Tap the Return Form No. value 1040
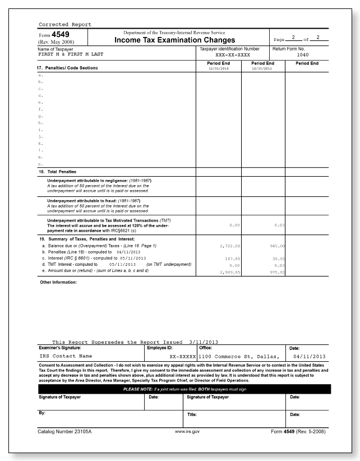click(302, 56)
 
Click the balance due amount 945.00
click(273, 245)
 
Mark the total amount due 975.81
click(273, 271)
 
